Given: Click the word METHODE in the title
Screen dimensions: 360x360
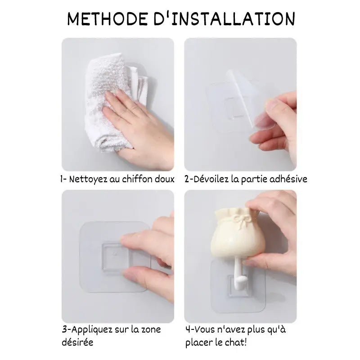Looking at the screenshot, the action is coord(108,18).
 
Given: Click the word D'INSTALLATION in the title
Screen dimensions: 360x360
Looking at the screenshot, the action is coord(224,18).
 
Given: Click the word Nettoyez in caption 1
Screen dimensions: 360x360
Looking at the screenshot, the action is coord(88,179).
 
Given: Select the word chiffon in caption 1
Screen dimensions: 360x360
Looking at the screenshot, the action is coord(136,179).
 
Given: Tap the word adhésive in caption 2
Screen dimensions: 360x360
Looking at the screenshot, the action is coord(288,179).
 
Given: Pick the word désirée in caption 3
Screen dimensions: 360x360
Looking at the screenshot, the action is coord(77,342).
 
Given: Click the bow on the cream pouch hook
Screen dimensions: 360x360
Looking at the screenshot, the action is coord(241,220).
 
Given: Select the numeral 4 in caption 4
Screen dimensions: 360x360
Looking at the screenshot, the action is coord(188,330).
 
